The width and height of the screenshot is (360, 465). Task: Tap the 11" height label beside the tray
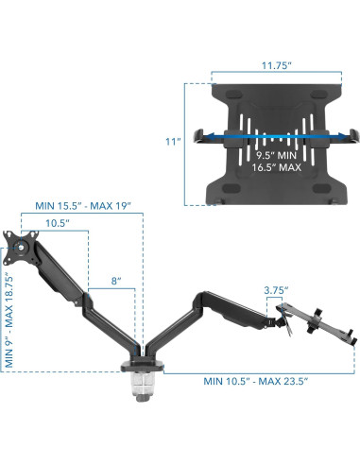(172, 142)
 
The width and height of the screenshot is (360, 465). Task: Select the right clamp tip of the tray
(349, 135)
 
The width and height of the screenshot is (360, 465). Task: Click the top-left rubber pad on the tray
(224, 94)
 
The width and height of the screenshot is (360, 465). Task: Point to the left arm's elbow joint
(85, 306)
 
